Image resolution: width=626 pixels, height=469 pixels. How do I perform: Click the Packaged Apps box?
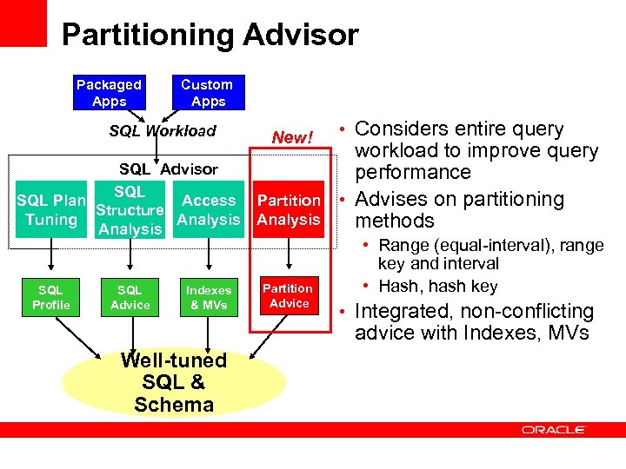click(109, 93)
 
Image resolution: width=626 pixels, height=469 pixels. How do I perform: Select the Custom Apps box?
click(207, 93)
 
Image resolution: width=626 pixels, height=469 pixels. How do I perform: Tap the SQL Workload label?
click(163, 131)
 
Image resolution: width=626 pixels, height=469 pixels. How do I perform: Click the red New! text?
click(291, 137)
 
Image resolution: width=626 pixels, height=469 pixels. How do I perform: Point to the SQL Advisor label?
click(169, 168)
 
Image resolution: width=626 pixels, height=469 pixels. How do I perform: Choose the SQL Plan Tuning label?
click(51, 210)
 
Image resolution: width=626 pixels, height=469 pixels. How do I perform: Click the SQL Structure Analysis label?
click(130, 210)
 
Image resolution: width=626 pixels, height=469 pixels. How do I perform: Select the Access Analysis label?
click(209, 210)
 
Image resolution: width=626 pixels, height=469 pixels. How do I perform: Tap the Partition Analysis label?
click(289, 210)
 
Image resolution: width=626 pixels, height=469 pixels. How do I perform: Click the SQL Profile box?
click(51, 297)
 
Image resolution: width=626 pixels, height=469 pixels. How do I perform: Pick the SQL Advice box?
click(130, 297)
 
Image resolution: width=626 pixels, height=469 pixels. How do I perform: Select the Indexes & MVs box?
click(209, 297)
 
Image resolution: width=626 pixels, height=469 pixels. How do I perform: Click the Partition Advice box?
click(289, 296)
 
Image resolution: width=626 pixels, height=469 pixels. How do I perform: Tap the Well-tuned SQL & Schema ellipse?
click(174, 382)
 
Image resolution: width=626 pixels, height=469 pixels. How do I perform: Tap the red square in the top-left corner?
click(23, 23)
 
